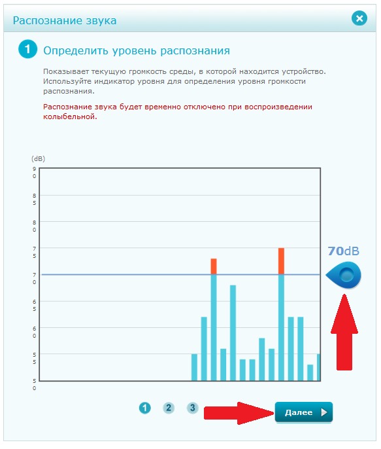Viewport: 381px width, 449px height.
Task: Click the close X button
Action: (359, 18)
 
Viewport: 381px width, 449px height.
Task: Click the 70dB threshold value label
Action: (343, 251)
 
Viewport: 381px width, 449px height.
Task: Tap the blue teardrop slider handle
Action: (344, 275)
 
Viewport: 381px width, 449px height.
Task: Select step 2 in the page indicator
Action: (169, 408)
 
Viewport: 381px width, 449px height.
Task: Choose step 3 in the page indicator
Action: (192, 408)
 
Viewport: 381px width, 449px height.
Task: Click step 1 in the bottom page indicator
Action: (144, 408)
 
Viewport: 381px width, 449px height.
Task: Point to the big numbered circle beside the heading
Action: (27, 49)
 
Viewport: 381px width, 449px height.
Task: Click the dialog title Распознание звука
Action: (65, 21)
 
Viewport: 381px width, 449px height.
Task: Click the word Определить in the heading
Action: (75, 50)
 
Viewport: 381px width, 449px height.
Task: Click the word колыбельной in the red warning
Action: (70, 117)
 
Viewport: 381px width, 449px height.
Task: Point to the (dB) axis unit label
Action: (38, 158)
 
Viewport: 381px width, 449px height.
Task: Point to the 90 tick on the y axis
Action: (34, 172)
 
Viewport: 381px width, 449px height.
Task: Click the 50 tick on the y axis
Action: (34, 385)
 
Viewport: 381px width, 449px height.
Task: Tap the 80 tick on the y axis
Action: (34, 226)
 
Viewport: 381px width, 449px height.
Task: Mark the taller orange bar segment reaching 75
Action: (281, 261)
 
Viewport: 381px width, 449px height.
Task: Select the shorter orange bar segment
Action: (214, 266)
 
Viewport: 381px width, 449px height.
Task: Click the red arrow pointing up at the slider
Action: (344, 332)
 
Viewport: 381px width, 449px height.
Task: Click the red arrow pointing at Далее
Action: (239, 412)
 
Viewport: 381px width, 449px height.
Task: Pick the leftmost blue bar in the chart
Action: (194, 367)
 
